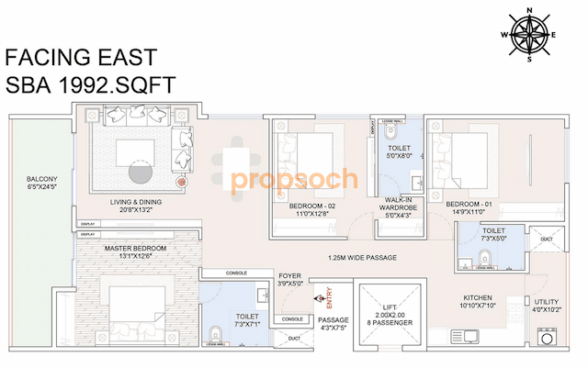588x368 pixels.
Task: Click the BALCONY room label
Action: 42,184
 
